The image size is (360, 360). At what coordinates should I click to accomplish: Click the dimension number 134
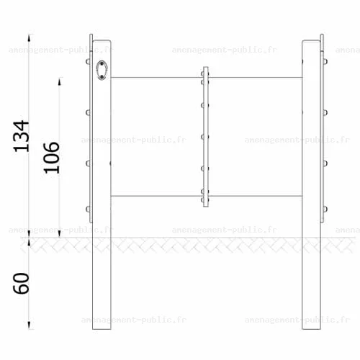click(x=21, y=136)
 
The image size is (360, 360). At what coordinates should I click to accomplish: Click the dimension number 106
click(x=51, y=158)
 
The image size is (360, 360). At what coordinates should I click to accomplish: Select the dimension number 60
click(x=21, y=283)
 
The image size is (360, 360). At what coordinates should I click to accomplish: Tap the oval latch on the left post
click(x=102, y=70)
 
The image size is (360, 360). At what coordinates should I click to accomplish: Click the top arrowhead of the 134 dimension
click(x=29, y=38)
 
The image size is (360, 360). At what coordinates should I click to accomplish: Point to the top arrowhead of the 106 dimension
click(x=60, y=81)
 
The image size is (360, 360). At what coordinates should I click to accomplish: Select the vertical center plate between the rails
click(x=206, y=137)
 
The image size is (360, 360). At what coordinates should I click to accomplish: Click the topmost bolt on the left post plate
click(x=88, y=62)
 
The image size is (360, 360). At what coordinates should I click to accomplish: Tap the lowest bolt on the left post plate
click(x=88, y=210)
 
